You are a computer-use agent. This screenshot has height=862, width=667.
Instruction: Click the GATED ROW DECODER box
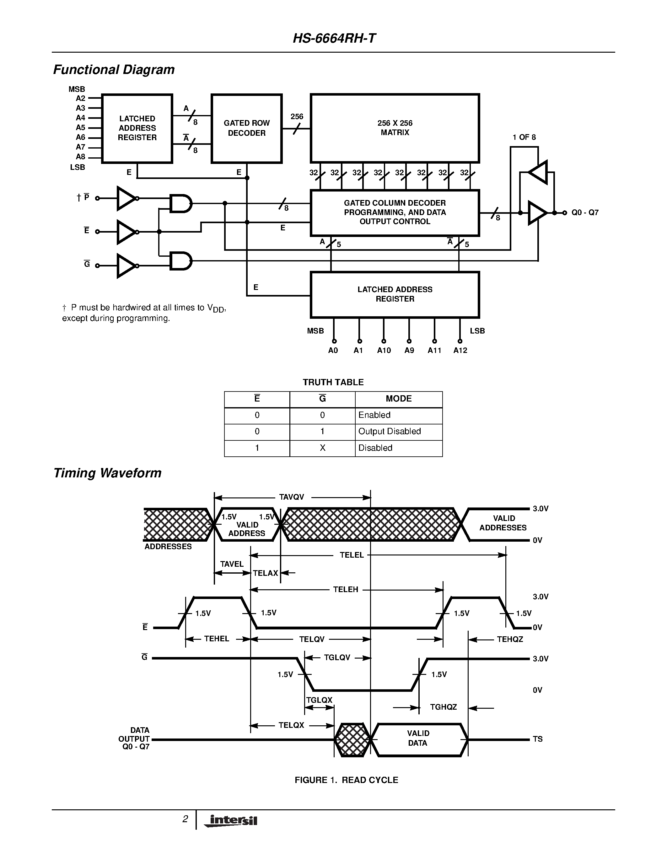247,128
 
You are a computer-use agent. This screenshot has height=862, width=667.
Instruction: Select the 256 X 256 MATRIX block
395,128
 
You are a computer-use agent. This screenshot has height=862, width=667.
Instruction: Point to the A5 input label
81,128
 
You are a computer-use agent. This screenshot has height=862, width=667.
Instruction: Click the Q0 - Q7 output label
585,213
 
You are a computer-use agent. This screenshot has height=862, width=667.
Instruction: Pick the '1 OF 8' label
524,137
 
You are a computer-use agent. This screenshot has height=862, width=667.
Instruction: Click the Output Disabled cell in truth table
389,431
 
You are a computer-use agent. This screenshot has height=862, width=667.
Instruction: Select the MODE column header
398,399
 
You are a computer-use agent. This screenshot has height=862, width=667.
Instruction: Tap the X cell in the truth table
322,448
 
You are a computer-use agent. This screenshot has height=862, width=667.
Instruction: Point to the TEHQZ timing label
510,639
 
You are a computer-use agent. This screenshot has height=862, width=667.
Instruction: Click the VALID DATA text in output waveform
418,738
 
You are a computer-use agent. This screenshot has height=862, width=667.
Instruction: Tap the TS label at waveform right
537,739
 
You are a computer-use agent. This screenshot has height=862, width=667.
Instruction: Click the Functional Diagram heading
114,70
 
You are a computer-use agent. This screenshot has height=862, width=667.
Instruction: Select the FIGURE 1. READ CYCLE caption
346,780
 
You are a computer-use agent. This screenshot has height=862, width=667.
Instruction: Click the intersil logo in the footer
231,821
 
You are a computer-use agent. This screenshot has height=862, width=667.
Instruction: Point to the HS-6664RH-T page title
334,38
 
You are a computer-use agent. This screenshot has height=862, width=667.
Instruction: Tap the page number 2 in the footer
185,819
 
